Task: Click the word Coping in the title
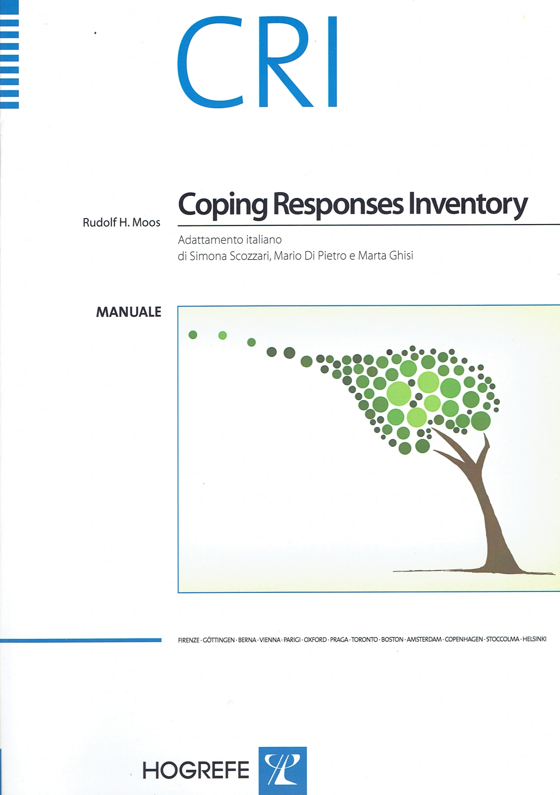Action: (222, 205)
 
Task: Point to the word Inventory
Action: (468, 205)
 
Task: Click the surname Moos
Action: (146, 223)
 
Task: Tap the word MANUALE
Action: (129, 312)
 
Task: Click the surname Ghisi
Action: (401, 256)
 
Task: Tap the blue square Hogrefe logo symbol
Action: (283, 770)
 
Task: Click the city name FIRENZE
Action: (188, 640)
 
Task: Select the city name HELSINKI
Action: (534, 639)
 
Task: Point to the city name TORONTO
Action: (364, 640)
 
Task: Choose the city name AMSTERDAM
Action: (424, 639)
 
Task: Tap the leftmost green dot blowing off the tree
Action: (193, 335)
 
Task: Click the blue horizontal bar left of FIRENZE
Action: (81, 640)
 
